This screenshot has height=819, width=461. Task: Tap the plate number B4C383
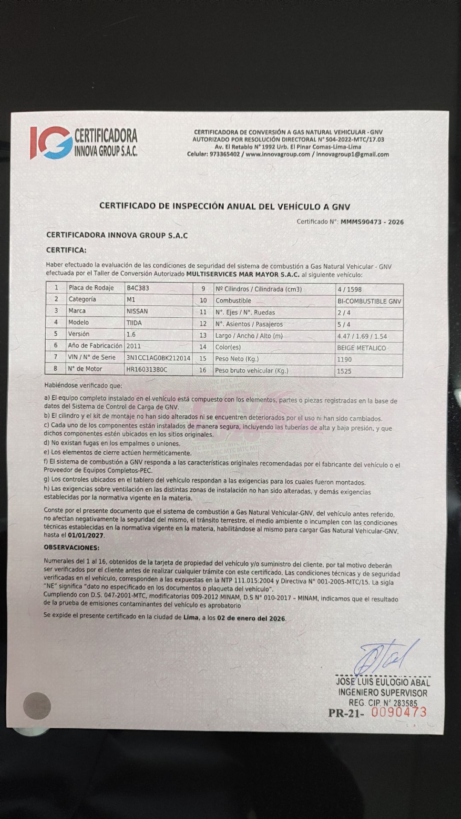(x=138, y=288)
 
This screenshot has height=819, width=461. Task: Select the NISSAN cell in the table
(x=137, y=311)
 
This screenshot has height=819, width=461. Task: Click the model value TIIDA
(x=134, y=323)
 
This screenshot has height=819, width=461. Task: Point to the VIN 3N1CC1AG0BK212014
(x=158, y=357)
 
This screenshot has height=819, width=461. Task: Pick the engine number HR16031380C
(x=147, y=369)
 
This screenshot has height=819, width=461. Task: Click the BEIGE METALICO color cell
(x=361, y=348)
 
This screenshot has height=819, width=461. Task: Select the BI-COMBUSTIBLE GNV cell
(x=369, y=301)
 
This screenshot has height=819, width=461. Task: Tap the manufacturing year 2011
(x=134, y=346)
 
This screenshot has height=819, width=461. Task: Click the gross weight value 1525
(x=344, y=371)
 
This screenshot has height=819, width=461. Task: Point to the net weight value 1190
(x=344, y=360)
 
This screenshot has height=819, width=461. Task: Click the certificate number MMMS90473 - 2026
(x=372, y=222)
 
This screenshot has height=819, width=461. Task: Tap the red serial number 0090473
(x=399, y=712)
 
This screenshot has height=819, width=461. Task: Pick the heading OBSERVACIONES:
(x=72, y=547)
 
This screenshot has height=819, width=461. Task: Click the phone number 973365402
(x=225, y=154)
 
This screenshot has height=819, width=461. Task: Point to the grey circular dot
(x=37, y=706)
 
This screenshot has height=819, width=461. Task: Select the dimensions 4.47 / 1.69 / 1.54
(x=362, y=336)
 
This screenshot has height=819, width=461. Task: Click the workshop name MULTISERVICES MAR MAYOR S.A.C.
(x=243, y=274)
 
